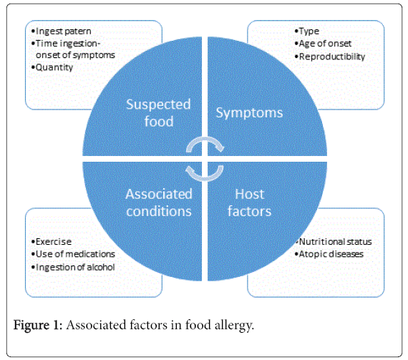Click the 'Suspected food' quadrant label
(158, 113)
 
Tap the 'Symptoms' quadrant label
(249, 113)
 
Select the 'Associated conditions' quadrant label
(159, 203)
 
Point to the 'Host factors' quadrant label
(249, 203)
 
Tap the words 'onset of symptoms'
(75, 55)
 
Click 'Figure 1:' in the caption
(38, 325)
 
